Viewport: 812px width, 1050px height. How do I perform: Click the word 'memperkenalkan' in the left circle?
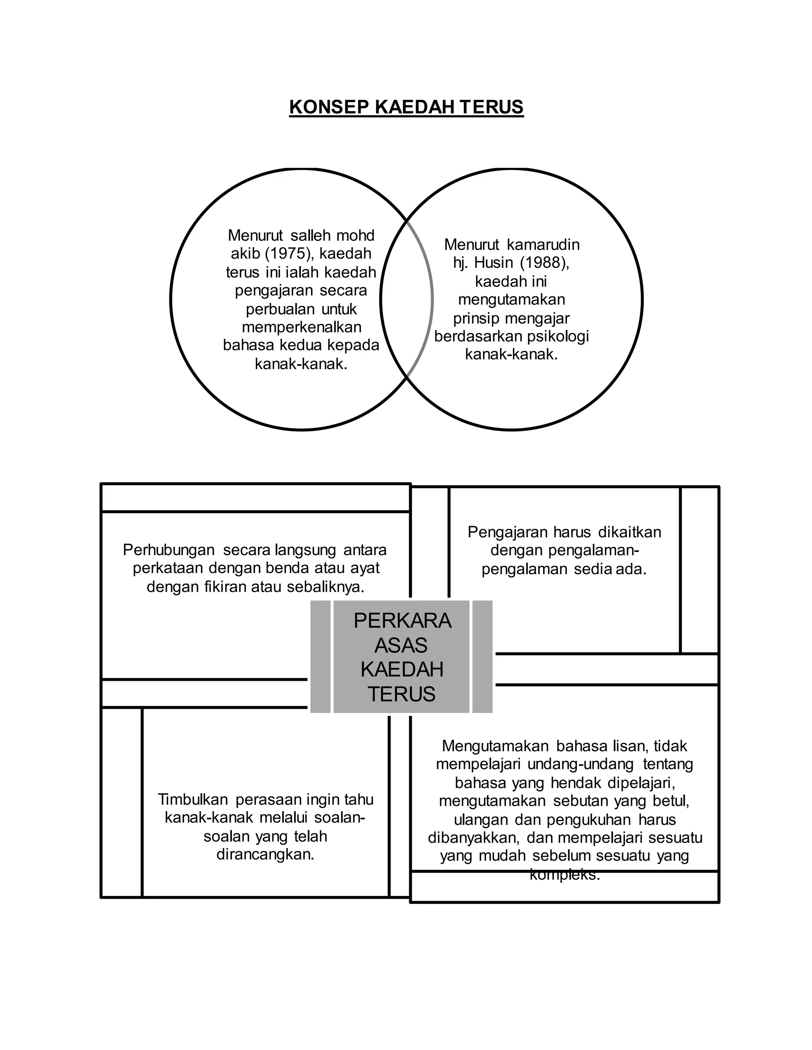(x=301, y=327)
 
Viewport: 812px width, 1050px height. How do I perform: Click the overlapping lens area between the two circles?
(x=406, y=299)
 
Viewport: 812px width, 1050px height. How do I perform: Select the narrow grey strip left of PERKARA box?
(x=320, y=656)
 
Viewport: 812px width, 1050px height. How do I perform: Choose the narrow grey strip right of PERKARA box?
(x=483, y=656)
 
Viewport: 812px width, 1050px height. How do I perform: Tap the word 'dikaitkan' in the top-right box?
(x=630, y=532)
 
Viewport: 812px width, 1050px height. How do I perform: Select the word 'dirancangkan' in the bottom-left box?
(x=265, y=855)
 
